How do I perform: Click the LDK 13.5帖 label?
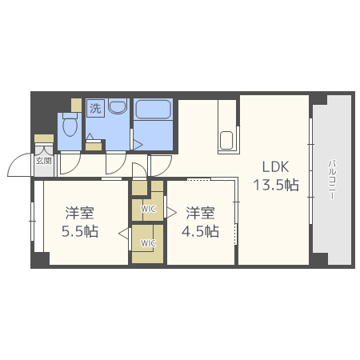[x=276, y=176]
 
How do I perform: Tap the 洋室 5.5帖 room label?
[x=80, y=222]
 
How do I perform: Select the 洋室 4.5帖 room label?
[x=200, y=222]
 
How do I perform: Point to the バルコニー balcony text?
[x=332, y=179]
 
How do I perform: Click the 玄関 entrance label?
[x=43, y=161]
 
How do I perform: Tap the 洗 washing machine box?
[x=95, y=108]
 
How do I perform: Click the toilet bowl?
[x=70, y=125]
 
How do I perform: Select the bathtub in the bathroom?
[x=153, y=110]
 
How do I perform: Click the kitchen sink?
[x=226, y=141]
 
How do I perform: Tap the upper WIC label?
[x=148, y=209]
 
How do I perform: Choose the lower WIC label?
[x=148, y=243]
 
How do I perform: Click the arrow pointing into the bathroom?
[x=138, y=145]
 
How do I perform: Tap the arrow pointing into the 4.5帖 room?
[x=172, y=213]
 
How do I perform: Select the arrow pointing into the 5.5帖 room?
[x=123, y=234]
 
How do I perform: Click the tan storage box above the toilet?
[x=76, y=105]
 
